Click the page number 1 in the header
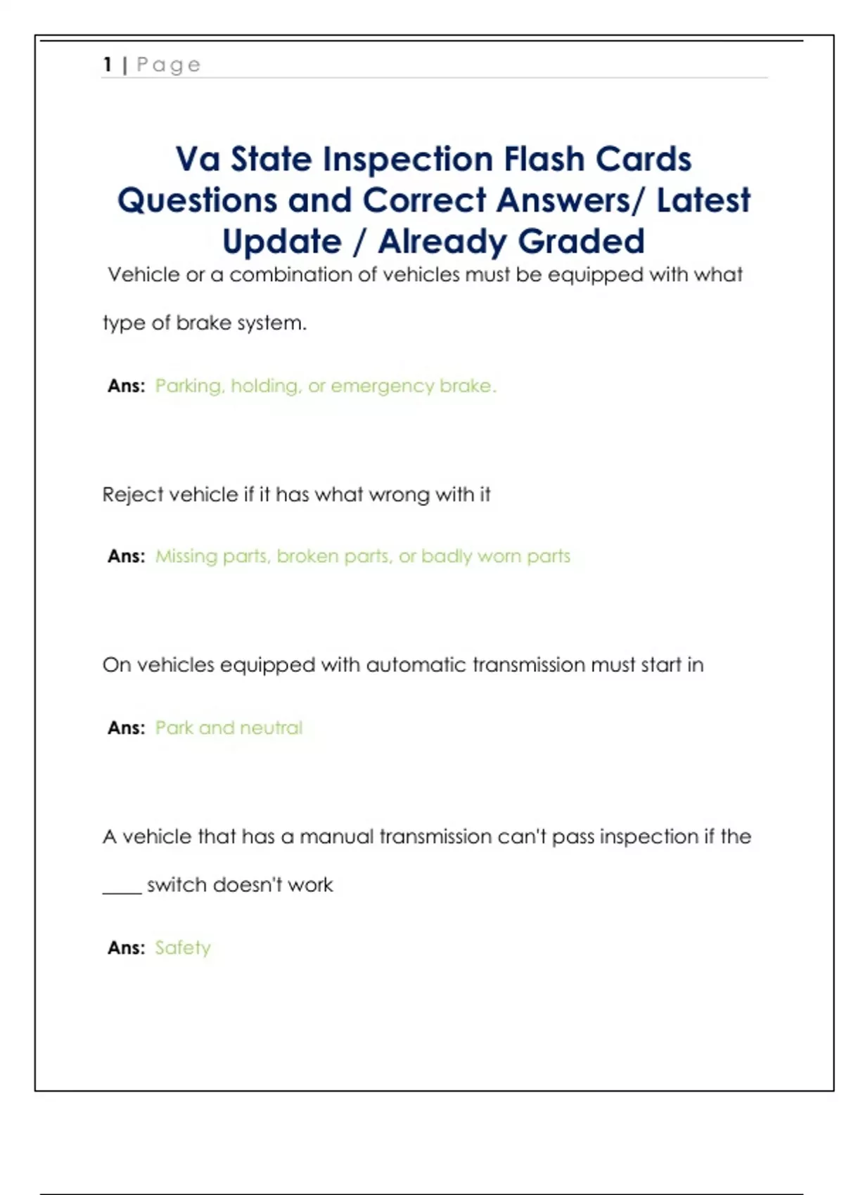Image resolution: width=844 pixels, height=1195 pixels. [108, 65]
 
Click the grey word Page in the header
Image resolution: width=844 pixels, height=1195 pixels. [169, 65]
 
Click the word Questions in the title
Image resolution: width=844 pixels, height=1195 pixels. [197, 200]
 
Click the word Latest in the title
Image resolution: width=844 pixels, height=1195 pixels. [703, 200]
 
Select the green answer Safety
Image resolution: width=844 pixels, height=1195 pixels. [183, 948]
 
